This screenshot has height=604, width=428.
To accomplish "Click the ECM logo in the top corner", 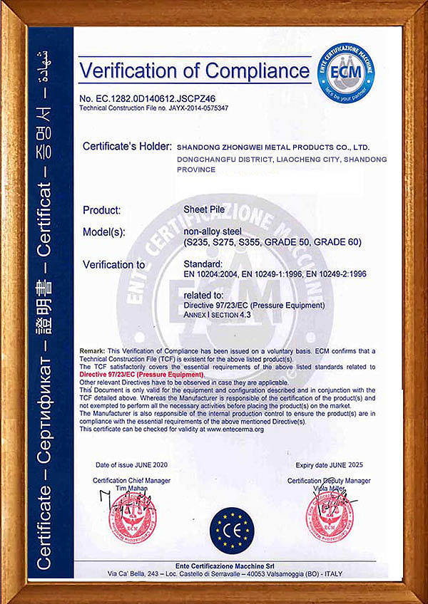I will click(x=345, y=71).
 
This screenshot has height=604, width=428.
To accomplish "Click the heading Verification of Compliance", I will click(x=195, y=71).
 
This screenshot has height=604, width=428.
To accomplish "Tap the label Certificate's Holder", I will click(x=126, y=146).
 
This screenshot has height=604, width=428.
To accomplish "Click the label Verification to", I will click(x=114, y=264).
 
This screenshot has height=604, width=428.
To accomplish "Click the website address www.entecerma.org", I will click(x=235, y=429).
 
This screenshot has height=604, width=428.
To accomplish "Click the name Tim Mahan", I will click(x=131, y=488).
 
